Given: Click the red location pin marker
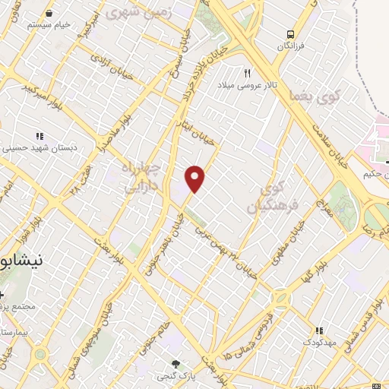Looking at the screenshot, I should (x=195, y=178).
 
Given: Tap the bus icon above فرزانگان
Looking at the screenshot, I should (x=289, y=34).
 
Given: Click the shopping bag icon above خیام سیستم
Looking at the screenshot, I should (x=49, y=14).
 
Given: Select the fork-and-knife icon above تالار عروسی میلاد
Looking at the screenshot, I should (x=247, y=73).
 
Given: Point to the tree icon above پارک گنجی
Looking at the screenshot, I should (x=177, y=364).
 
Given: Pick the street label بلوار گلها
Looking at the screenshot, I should (x=312, y=272).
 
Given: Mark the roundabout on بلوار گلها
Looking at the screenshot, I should (x=282, y=297).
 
